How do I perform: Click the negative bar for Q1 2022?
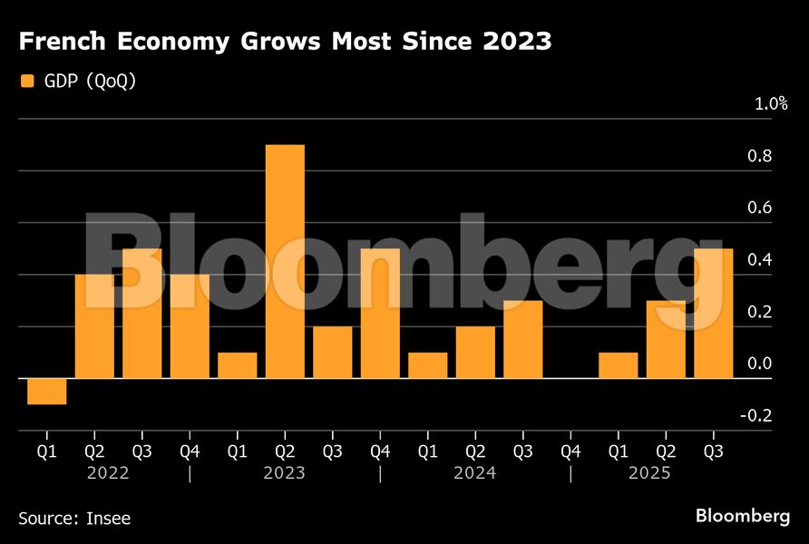(46, 391)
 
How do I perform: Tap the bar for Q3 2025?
(714, 313)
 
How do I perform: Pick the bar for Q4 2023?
(380, 313)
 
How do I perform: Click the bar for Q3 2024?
(523, 339)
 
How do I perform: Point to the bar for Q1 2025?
(619, 365)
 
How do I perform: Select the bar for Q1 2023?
(238, 365)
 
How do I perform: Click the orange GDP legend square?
(27, 82)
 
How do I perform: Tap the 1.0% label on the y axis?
(771, 104)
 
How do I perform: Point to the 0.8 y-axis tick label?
(760, 157)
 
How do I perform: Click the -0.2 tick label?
(757, 416)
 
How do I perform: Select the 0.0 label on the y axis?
(760, 364)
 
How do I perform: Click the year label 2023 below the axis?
(285, 473)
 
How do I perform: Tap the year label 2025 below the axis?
(650, 473)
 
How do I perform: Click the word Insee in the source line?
(108, 519)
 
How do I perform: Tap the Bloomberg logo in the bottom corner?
(743, 516)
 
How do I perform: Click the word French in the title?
(63, 41)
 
